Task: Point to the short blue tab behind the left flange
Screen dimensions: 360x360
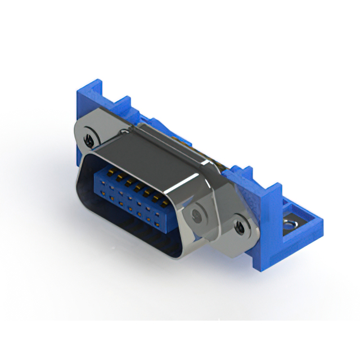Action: [x=123, y=107]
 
